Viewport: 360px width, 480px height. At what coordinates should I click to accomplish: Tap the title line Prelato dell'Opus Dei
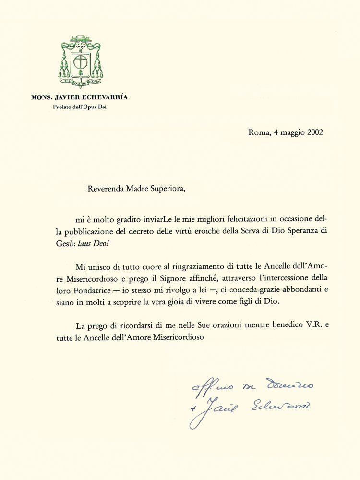80,107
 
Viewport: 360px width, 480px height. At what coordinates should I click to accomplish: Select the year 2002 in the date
313,133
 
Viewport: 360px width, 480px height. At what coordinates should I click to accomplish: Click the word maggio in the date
290,133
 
